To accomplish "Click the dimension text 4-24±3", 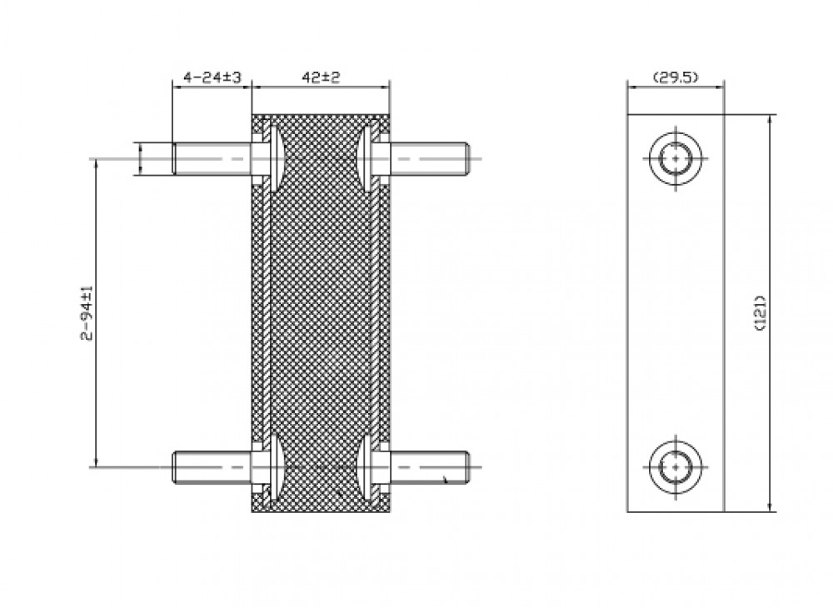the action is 212,77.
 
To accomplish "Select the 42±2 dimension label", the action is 321,77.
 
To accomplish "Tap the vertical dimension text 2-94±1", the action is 87,313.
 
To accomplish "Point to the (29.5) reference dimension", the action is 676,77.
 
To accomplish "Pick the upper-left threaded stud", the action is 212,159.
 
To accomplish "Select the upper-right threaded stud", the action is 428,159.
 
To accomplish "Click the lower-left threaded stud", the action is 212,467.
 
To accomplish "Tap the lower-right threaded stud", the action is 428,467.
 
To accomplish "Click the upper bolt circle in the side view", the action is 676,158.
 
